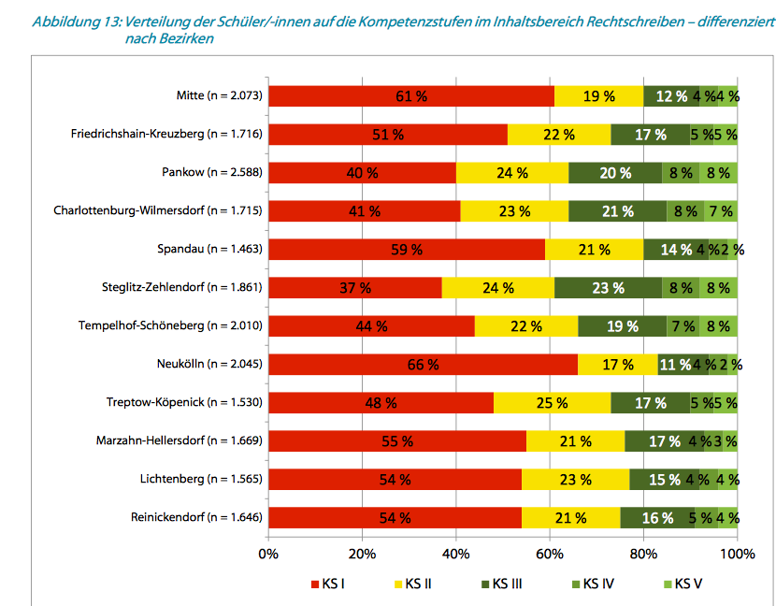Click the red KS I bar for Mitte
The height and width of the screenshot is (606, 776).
point(411,95)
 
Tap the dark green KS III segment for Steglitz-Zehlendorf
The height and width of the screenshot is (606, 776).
point(608,287)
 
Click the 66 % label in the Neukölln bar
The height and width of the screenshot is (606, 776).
point(423,364)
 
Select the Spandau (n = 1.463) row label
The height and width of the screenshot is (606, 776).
point(210,249)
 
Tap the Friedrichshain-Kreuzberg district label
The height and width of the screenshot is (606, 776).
point(166,134)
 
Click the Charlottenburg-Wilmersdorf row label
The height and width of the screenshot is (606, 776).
point(158,210)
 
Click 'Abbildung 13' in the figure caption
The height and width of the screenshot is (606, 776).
point(74,22)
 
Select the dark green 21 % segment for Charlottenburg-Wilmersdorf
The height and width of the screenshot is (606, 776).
point(617,210)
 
